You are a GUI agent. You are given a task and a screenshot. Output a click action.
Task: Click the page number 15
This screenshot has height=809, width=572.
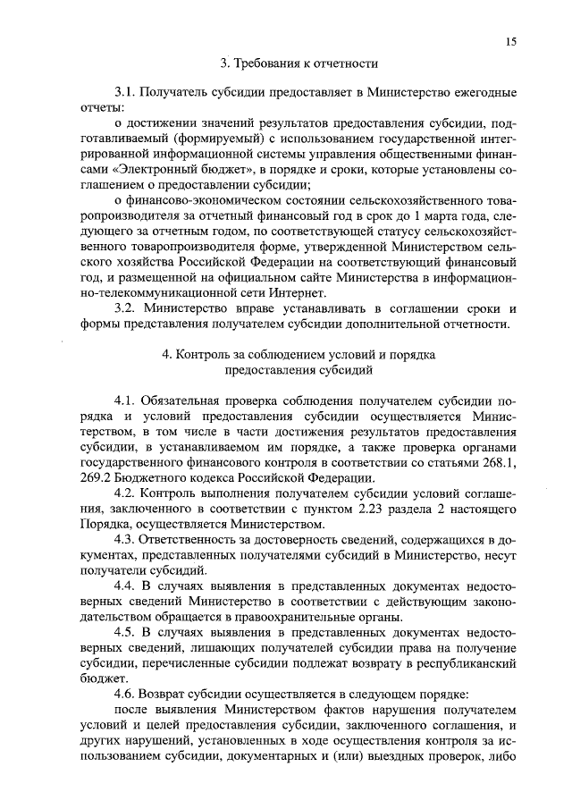510,40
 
